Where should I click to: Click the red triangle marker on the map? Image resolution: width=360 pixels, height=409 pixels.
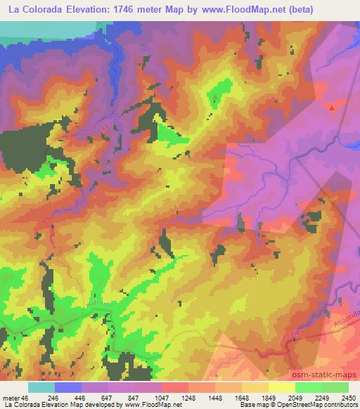(x=333, y=108)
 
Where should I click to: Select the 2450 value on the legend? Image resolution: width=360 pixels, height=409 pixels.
(x=348, y=398)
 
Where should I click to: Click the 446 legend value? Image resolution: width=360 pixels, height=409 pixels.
(x=81, y=398)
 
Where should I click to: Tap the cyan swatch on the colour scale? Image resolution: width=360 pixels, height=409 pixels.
(x=41, y=387)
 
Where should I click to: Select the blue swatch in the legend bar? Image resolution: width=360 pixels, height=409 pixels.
(x=68, y=387)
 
